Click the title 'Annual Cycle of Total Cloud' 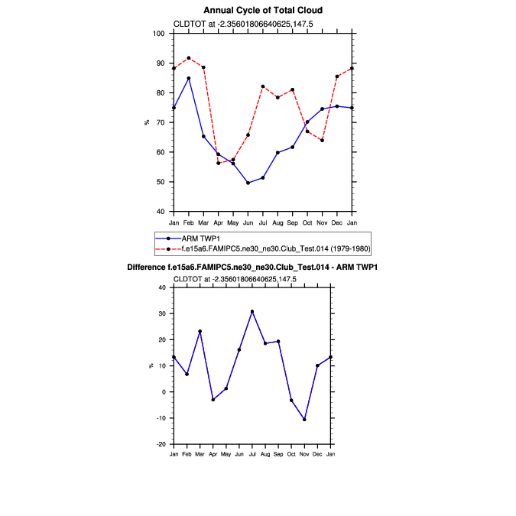(263, 11)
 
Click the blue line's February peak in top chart (189, 78)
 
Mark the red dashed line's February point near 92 (189, 58)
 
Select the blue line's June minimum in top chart (248, 183)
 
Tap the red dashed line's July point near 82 (263, 86)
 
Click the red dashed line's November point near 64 (322, 140)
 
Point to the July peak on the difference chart (252, 312)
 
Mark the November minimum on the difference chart (304, 420)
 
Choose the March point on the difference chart (200, 331)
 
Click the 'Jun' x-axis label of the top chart (248, 222)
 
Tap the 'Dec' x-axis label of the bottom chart (317, 455)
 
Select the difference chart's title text (252, 268)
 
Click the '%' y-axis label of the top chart (147, 122)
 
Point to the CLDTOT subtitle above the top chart (233, 24)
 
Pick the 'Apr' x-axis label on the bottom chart (213, 455)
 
